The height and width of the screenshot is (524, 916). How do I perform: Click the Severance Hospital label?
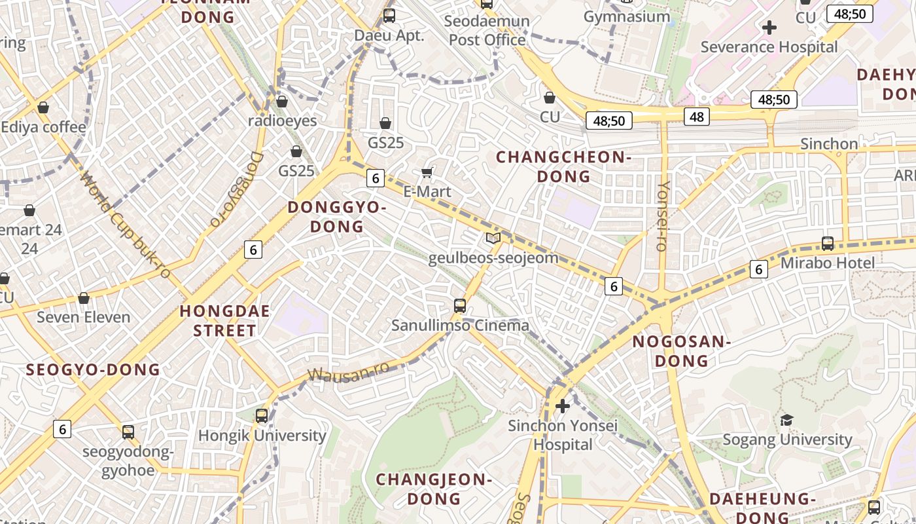tap(769, 47)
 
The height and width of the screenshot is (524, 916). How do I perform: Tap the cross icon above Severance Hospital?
tap(769, 28)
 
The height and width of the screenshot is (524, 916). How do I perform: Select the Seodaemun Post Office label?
tap(487, 31)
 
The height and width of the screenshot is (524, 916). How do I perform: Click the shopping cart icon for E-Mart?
tap(427, 172)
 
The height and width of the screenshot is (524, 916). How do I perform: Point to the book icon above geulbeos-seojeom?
tap(493, 238)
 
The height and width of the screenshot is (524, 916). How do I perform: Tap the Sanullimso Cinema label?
tap(460, 325)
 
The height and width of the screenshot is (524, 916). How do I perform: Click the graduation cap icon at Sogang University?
tap(786, 420)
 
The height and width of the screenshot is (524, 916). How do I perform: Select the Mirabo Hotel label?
tap(828, 263)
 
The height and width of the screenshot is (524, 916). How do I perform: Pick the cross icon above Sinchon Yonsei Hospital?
tap(562, 407)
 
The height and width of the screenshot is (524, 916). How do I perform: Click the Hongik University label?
tap(262, 436)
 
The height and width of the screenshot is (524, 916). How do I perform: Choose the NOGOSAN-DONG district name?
tap(681, 351)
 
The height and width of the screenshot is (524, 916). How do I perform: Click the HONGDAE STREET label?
tap(224, 321)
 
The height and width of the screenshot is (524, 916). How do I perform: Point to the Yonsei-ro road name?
tap(663, 215)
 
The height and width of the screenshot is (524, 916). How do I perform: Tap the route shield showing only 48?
tap(696, 117)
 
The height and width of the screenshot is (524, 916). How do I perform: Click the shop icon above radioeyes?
tap(282, 102)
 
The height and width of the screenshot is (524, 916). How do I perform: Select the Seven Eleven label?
tap(84, 317)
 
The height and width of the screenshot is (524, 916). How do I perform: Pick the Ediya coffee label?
tap(44, 127)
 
